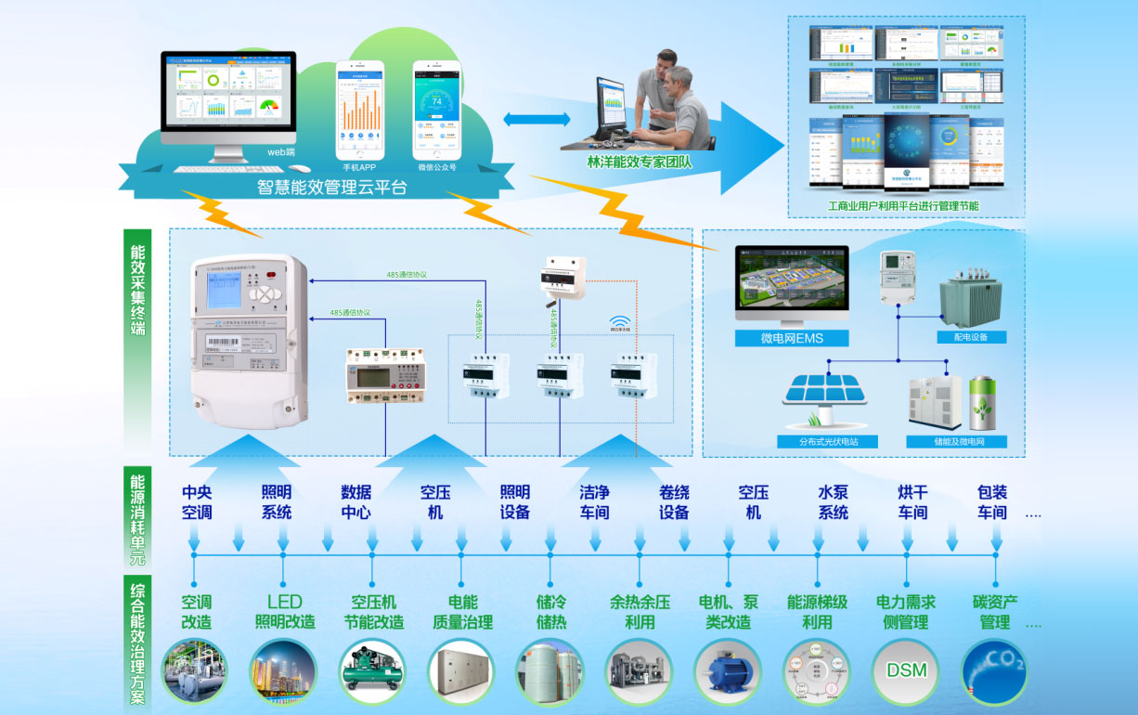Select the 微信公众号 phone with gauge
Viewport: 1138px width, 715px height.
(437, 108)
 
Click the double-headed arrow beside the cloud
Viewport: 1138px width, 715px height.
(537, 119)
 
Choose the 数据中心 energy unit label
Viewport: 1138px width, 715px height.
(356, 502)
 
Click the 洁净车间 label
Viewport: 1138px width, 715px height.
(595, 502)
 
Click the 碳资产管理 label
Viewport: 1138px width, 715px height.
(995, 612)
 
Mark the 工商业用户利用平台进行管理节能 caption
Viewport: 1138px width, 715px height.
(904, 205)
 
